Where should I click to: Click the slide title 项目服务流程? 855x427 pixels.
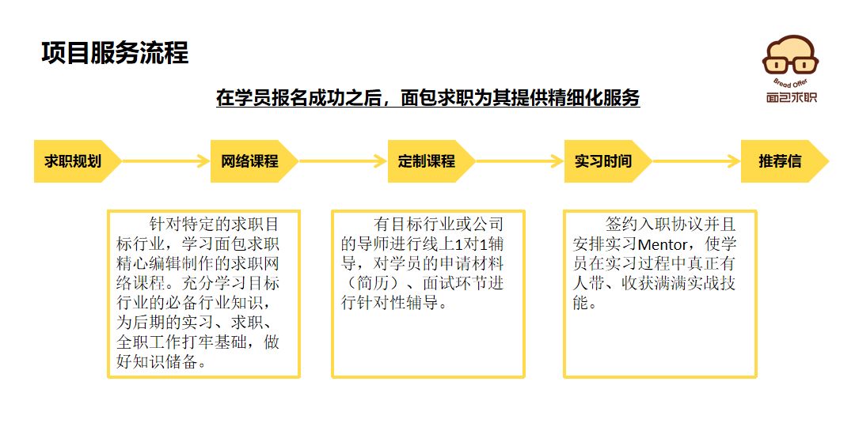[x=115, y=54]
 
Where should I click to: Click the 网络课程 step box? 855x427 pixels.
[x=254, y=161]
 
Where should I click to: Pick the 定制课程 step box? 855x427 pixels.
[x=431, y=161]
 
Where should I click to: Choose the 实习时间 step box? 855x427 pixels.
[x=608, y=161]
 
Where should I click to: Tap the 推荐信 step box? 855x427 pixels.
[x=785, y=161]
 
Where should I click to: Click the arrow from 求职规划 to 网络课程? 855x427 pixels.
[x=165, y=161]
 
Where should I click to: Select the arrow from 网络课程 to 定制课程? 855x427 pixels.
[x=343, y=161]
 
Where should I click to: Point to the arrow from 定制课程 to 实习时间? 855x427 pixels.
[x=519, y=161]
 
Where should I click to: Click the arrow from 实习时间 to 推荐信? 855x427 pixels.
[x=697, y=161]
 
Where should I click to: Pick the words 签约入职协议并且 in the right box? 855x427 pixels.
[x=671, y=224]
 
